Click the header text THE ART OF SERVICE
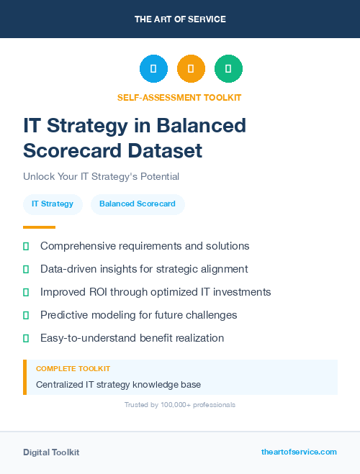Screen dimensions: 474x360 point(180,19)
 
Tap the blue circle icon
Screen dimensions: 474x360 point(153,69)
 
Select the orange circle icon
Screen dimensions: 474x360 point(191,69)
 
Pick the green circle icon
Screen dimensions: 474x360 point(228,69)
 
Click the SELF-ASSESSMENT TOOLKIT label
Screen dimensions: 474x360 point(179,97)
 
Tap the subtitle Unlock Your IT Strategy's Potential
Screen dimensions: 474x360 point(101,176)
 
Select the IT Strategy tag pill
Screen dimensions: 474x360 point(53,204)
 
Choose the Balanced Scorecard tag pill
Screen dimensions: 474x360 point(138,204)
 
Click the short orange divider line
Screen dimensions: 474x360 point(39,227)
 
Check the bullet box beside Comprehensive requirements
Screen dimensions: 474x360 point(26,246)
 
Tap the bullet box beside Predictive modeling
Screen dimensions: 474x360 point(26,315)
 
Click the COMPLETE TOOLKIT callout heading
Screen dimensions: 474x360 point(73,369)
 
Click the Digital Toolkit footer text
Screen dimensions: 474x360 point(51,452)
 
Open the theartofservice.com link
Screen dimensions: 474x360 point(299,452)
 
